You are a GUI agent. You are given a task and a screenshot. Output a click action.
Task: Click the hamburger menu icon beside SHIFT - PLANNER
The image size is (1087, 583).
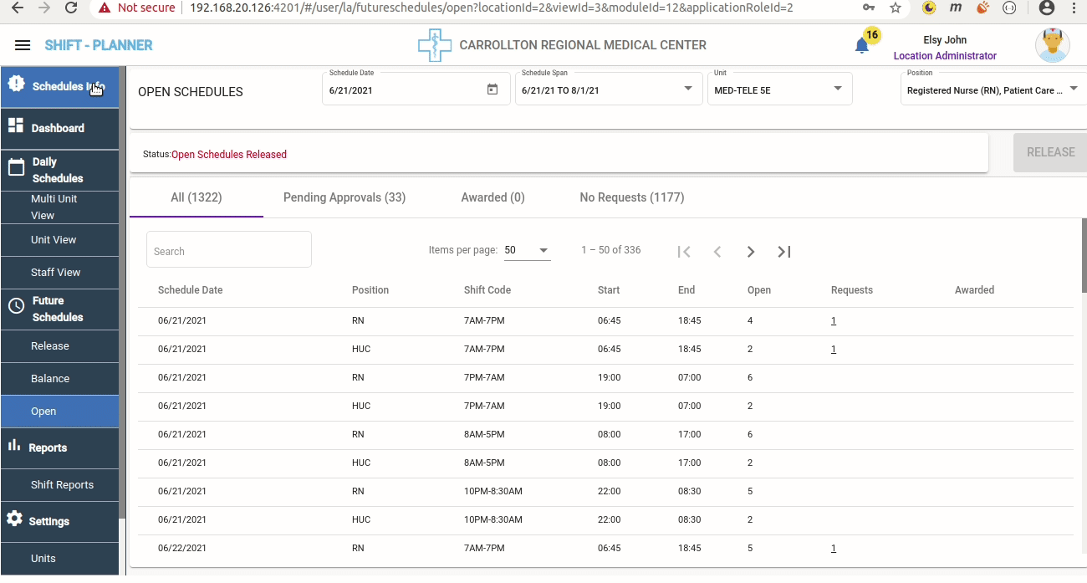tap(23, 45)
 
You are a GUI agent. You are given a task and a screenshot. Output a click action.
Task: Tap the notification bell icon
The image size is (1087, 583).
tap(862, 46)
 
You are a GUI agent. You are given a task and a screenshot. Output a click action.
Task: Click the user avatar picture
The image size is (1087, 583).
tap(1052, 45)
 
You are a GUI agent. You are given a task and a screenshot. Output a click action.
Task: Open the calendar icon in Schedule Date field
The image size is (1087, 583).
tap(492, 89)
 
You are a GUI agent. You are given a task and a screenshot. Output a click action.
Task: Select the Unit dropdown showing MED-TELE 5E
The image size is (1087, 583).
tap(778, 89)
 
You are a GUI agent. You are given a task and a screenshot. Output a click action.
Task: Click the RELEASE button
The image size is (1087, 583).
tap(1050, 152)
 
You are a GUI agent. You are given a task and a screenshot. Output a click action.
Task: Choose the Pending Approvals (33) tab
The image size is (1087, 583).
tap(344, 197)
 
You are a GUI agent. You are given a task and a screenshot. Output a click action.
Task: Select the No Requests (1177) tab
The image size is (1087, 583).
tap(632, 197)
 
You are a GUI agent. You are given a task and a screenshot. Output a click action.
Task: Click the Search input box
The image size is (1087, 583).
tap(229, 251)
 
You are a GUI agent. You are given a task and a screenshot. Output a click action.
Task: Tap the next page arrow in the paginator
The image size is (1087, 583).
tap(751, 252)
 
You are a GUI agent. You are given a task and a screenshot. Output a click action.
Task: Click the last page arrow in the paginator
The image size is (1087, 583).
tap(784, 252)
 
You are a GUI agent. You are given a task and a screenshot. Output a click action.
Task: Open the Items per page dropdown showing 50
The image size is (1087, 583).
tap(527, 250)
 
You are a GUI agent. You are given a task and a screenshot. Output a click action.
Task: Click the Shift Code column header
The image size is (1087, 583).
tap(487, 290)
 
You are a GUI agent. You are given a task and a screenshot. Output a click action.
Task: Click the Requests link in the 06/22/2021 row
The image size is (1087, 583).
tap(834, 549)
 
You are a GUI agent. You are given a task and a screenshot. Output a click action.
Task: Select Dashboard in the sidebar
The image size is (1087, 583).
tap(59, 128)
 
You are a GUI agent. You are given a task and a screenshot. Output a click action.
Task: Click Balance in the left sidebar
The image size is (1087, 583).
tap(50, 379)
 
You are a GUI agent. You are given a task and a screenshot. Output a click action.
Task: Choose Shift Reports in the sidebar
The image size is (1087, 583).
tap(62, 485)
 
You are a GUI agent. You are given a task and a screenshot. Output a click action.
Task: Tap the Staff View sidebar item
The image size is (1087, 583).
tap(55, 273)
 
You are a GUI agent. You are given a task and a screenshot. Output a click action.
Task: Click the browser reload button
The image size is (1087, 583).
tap(72, 8)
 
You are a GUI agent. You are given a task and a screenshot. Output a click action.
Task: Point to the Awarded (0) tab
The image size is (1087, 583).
tap(493, 197)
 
